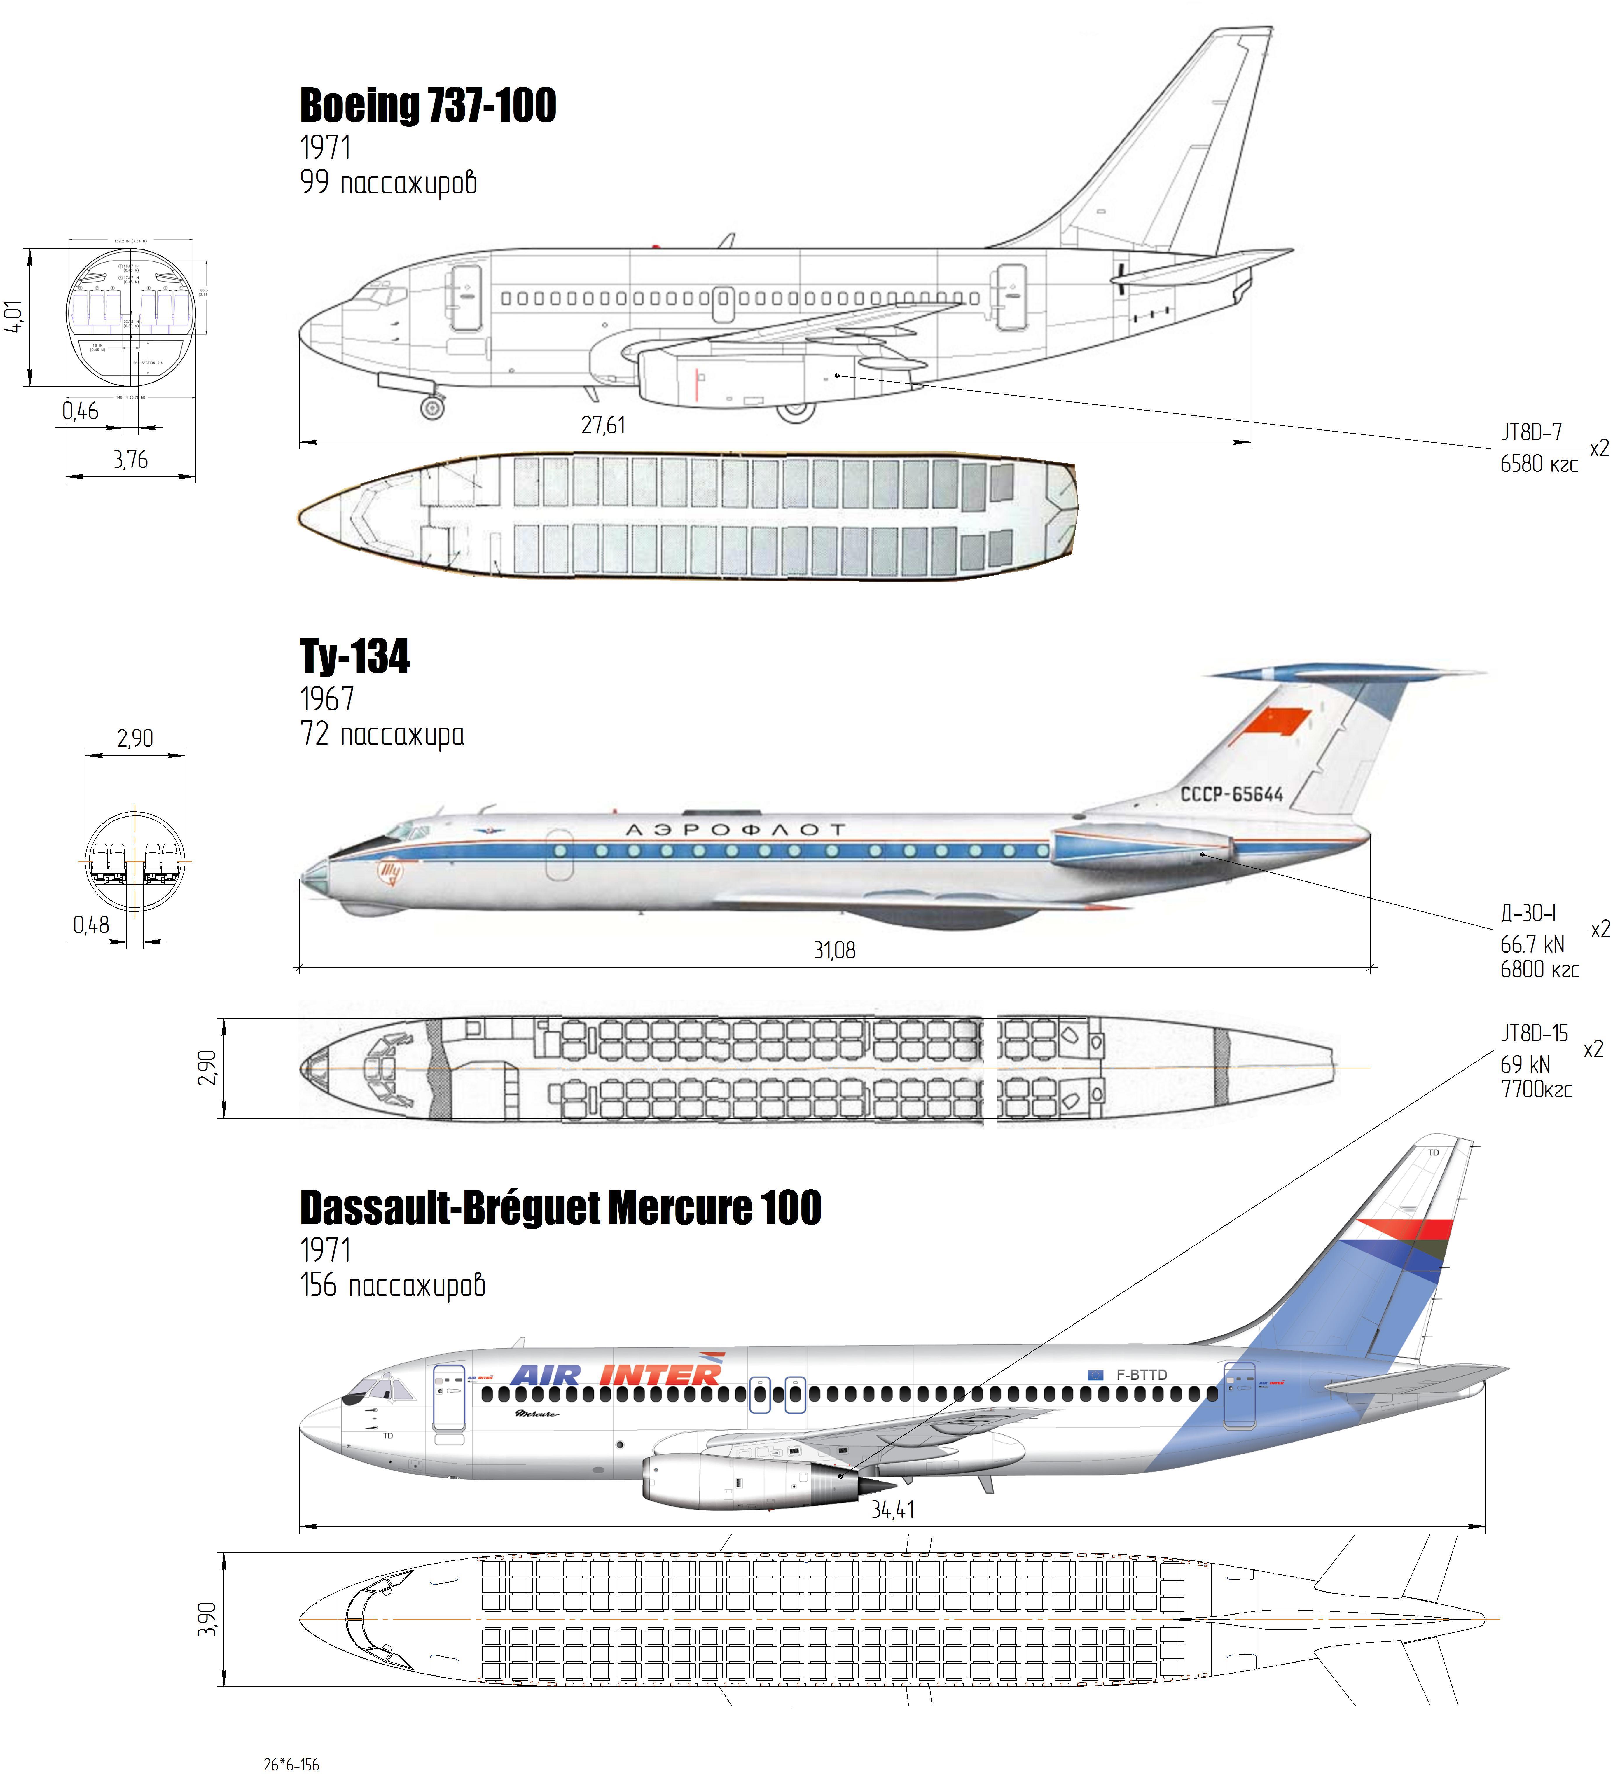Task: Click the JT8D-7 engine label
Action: [1531, 432]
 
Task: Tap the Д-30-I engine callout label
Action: [1528, 914]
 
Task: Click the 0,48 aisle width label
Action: [92, 925]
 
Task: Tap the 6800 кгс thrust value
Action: [1539, 970]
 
